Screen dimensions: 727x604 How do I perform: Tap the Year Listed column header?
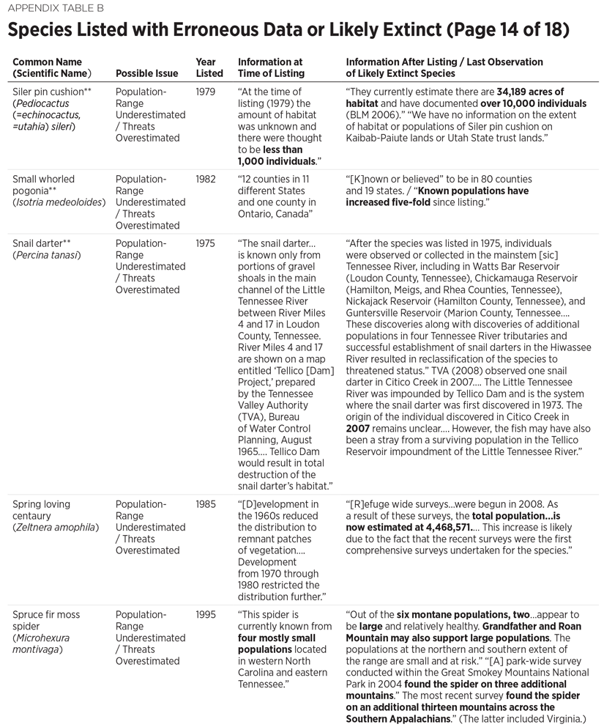206,68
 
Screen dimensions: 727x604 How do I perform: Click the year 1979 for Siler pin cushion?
207,92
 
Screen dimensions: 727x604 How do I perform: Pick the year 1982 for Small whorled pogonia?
207,179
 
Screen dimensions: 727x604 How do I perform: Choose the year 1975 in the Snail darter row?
207,243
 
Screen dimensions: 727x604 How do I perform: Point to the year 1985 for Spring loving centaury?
207,504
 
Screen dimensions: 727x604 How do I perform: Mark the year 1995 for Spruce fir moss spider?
207,614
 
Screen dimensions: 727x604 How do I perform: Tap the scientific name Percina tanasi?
46,255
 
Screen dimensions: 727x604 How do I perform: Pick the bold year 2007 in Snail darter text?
359,440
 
